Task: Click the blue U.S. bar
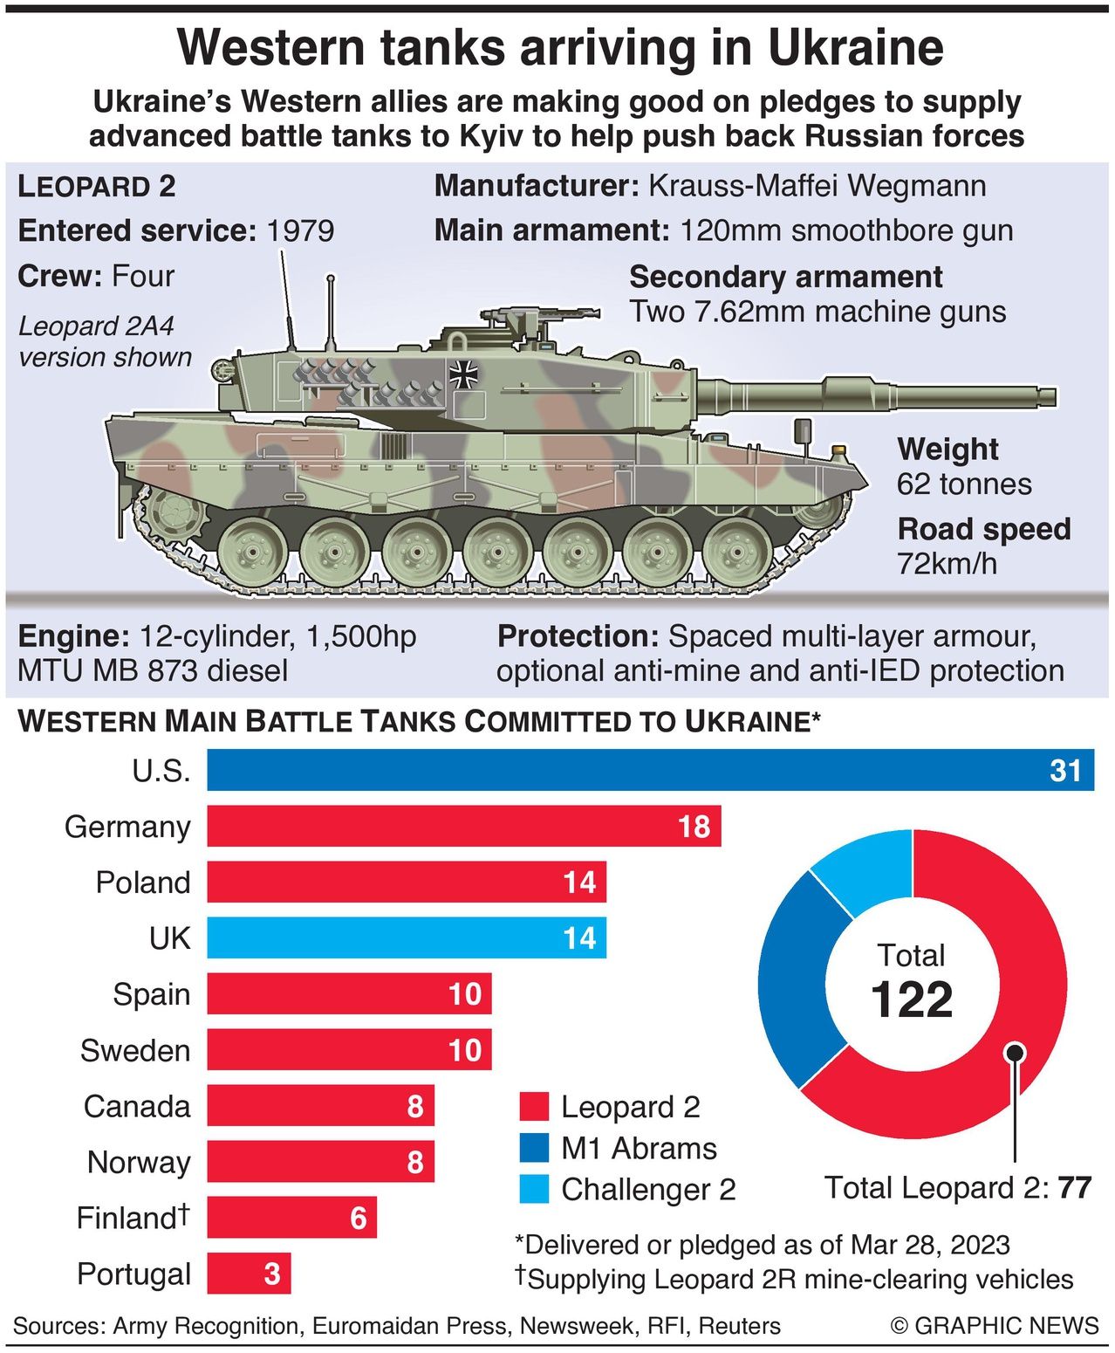click(x=650, y=770)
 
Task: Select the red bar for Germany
click(x=462, y=826)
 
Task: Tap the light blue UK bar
click(x=406, y=938)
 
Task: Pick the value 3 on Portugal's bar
click(x=272, y=1274)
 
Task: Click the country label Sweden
click(x=135, y=1050)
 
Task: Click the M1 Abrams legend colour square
click(x=534, y=1148)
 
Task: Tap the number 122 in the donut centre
click(x=912, y=999)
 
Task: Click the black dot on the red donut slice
click(x=1014, y=1051)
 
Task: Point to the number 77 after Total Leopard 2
click(x=1075, y=1188)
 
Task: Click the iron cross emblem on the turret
click(x=463, y=374)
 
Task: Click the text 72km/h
click(x=947, y=564)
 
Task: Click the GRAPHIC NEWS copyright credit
click(x=995, y=1326)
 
